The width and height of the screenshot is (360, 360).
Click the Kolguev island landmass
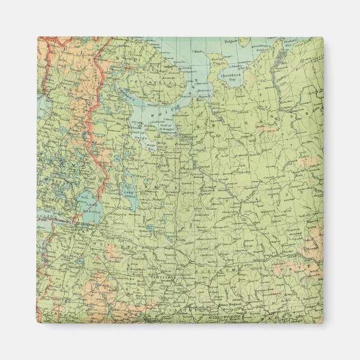pos(244,42)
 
